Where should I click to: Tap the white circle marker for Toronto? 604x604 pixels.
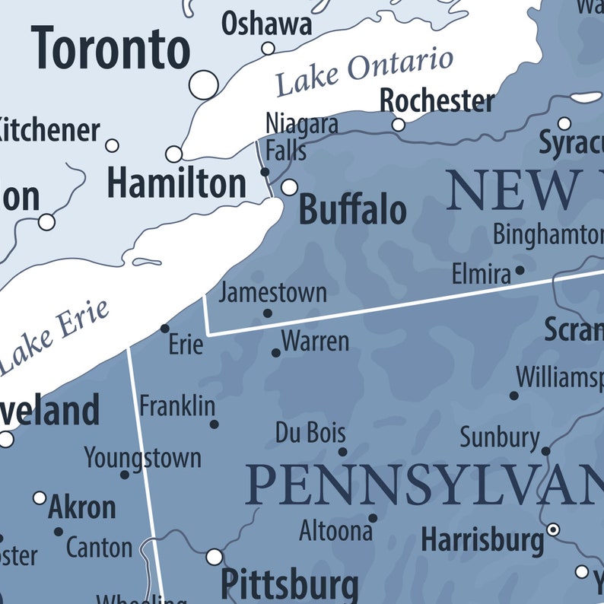click(203, 84)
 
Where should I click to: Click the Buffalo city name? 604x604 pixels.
click(352, 209)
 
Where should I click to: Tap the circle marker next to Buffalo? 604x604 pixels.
click(289, 187)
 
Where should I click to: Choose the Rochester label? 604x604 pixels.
click(437, 100)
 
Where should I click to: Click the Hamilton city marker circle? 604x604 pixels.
click(174, 154)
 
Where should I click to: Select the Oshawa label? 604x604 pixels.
click(266, 24)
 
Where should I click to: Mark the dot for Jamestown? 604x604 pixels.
click(268, 313)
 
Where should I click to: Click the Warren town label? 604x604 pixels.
click(315, 342)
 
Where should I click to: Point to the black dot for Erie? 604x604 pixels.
click(165, 329)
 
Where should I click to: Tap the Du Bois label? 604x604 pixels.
click(310, 434)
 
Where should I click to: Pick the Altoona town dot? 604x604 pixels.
click(373, 518)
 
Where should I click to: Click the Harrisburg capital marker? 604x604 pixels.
click(553, 529)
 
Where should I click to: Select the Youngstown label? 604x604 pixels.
click(142, 458)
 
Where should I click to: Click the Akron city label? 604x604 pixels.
click(81, 507)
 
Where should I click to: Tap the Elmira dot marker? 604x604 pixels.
click(520, 269)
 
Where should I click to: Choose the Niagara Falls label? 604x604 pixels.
click(301, 136)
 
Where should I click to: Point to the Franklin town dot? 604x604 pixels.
click(214, 424)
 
